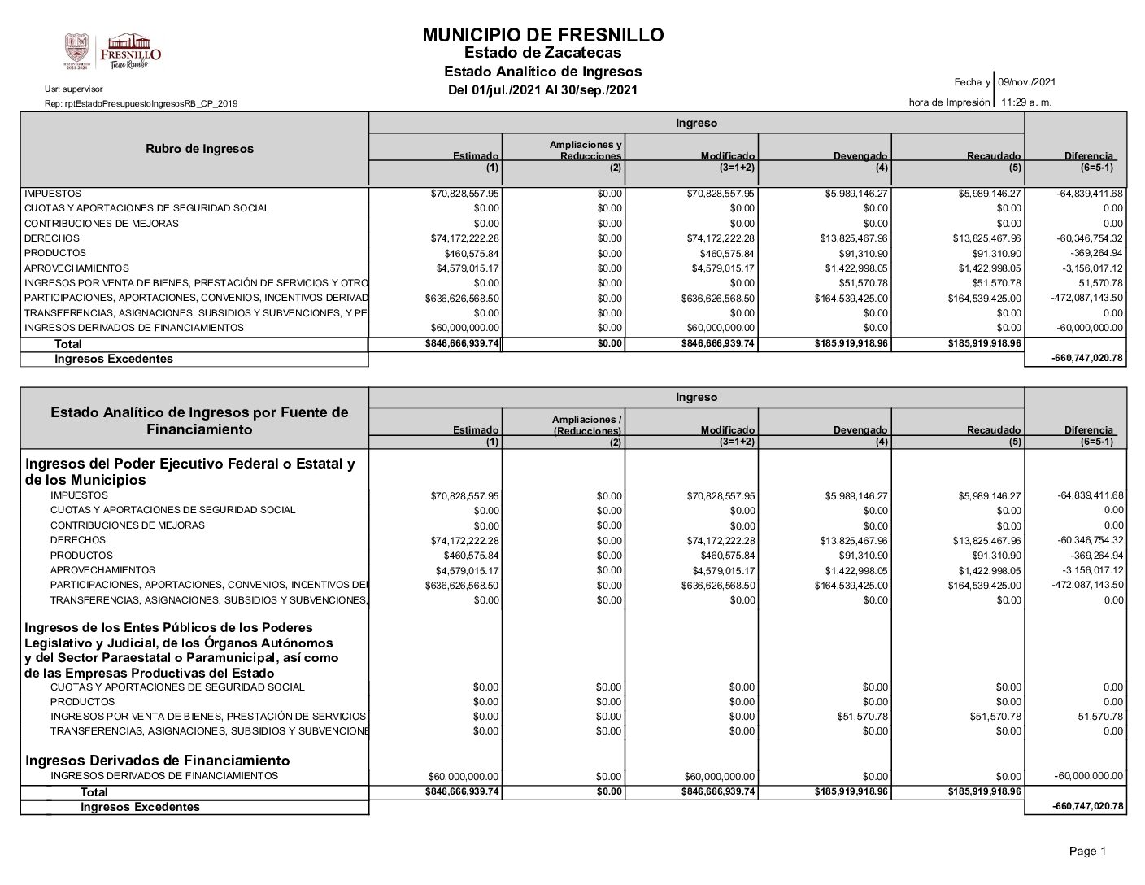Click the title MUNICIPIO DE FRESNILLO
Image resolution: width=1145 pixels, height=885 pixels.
[x=542, y=35]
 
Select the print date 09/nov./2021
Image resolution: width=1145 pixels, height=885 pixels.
[x=1027, y=82]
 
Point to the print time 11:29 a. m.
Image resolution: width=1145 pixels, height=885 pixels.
[x=1026, y=102]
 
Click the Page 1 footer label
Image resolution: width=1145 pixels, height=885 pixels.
[x=1087, y=852]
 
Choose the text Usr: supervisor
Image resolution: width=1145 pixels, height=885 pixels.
[x=74, y=89]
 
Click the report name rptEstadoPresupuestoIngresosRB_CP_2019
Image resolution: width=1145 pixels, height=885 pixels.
[x=141, y=103]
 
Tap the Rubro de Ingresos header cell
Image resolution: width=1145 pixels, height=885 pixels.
[x=199, y=149]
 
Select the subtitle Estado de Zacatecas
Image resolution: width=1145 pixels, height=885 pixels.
[x=542, y=54]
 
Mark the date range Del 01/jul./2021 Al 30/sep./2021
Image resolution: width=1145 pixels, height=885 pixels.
[x=542, y=89]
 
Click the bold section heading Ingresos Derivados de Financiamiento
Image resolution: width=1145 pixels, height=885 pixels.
[x=158, y=761]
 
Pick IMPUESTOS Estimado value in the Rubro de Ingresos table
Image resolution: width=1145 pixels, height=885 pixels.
[x=464, y=194]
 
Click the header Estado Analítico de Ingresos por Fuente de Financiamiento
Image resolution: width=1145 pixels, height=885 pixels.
[x=199, y=421]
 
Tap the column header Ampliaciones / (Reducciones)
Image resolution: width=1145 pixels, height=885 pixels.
[x=586, y=425]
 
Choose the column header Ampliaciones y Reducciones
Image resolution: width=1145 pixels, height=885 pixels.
[x=586, y=150]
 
